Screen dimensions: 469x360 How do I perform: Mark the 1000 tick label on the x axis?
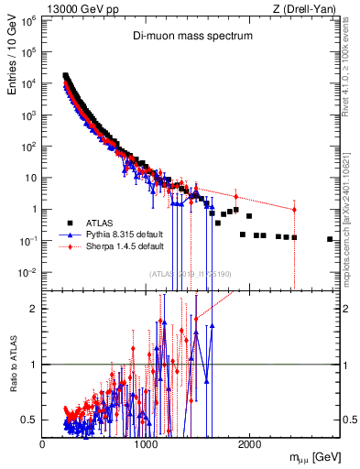tap(146, 443)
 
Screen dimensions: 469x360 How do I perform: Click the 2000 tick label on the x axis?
tap(249, 443)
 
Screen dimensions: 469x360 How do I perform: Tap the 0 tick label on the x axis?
tap(42, 443)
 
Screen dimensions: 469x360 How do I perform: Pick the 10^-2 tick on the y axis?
tap(27, 272)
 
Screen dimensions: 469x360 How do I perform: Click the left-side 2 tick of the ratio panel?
tap(34, 309)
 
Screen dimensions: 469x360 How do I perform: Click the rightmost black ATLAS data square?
tap(330, 239)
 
